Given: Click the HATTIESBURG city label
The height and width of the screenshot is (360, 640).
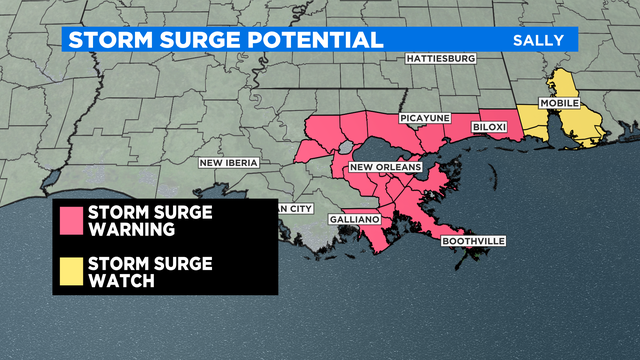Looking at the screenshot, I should (441, 59).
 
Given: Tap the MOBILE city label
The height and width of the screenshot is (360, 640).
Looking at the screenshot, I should (558, 104).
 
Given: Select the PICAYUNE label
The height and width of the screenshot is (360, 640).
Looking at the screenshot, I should (423, 118).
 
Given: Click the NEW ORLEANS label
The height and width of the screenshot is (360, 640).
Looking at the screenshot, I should (385, 167).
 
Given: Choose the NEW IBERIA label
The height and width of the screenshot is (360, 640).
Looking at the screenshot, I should (229, 162).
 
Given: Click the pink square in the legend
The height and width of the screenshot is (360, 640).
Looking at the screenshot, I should (71, 220).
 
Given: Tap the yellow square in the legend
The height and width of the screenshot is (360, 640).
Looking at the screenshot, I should (71, 271).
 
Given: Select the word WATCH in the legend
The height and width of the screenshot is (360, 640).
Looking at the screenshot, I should (121, 281).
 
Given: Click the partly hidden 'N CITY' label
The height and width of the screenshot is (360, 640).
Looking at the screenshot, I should (295, 208).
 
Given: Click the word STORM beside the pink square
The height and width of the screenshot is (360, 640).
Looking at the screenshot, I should (119, 212).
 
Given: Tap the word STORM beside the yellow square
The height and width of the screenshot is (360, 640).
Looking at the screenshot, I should (119, 264).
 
